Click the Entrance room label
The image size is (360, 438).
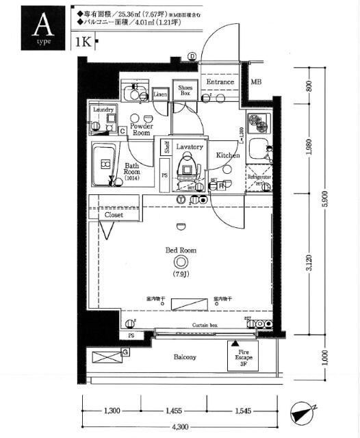click(220, 82)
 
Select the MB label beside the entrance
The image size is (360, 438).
click(255, 82)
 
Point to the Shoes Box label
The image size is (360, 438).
click(185, 90)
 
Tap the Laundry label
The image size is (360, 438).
click(103, 109)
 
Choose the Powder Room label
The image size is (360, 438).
click(141, 129)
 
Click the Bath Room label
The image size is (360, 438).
click(132, 169)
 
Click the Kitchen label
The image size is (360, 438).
click(228, 155)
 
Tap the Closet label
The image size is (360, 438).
click(114, 215)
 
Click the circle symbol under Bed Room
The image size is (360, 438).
click(181, 262)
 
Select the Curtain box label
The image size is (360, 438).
click(204, 324)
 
